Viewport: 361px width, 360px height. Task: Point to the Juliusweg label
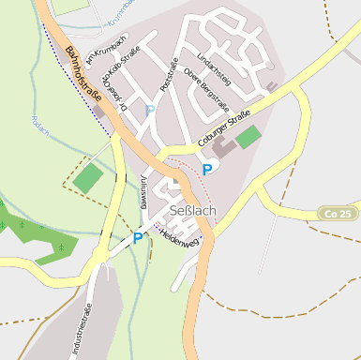143,190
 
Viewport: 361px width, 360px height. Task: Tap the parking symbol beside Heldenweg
138,238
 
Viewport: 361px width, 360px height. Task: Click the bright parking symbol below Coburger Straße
207,171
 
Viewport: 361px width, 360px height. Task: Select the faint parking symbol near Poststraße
149,110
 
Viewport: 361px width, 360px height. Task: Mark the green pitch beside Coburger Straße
248,137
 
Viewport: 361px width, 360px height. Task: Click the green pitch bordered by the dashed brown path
88,177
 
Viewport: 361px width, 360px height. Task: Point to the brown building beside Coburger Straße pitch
224,147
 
